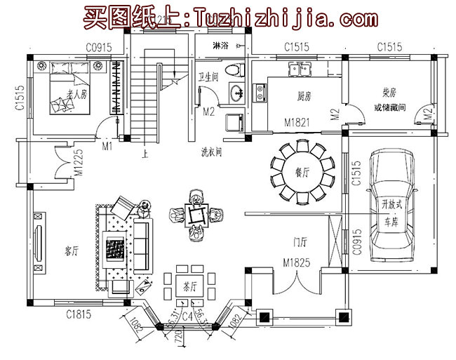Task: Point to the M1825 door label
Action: pos(297,262)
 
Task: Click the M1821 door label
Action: pos(295,121)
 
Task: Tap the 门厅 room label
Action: pos(300,243)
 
